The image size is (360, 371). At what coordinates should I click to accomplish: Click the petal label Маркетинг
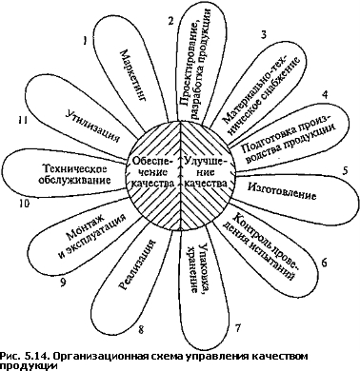tap(133, 75)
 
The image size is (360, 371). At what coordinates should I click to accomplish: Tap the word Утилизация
tap(93, 127)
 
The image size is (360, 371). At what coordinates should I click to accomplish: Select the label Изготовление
tap(282, 191)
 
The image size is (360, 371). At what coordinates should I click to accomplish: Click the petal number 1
tap(85, 41)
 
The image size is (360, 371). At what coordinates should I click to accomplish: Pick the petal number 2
tap(171, 21)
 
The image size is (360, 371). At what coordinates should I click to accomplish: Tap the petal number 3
tap(263, 35)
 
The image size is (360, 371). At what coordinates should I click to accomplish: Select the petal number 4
tap(325, 95)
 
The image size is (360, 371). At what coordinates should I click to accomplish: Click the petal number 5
tap(345, 170)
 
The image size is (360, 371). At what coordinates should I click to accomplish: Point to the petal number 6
tap(324, 263)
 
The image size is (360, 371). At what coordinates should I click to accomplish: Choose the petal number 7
tap(238, 328)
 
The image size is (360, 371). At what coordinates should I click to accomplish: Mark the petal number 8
tap(141, 330)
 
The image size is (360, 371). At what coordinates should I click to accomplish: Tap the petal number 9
tap(63, 283)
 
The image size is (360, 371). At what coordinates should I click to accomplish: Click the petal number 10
tap(24, 204)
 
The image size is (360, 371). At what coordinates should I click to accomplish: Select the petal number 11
tap(23, 120)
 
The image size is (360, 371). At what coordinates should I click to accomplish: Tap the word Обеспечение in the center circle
tap(152, 166)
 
